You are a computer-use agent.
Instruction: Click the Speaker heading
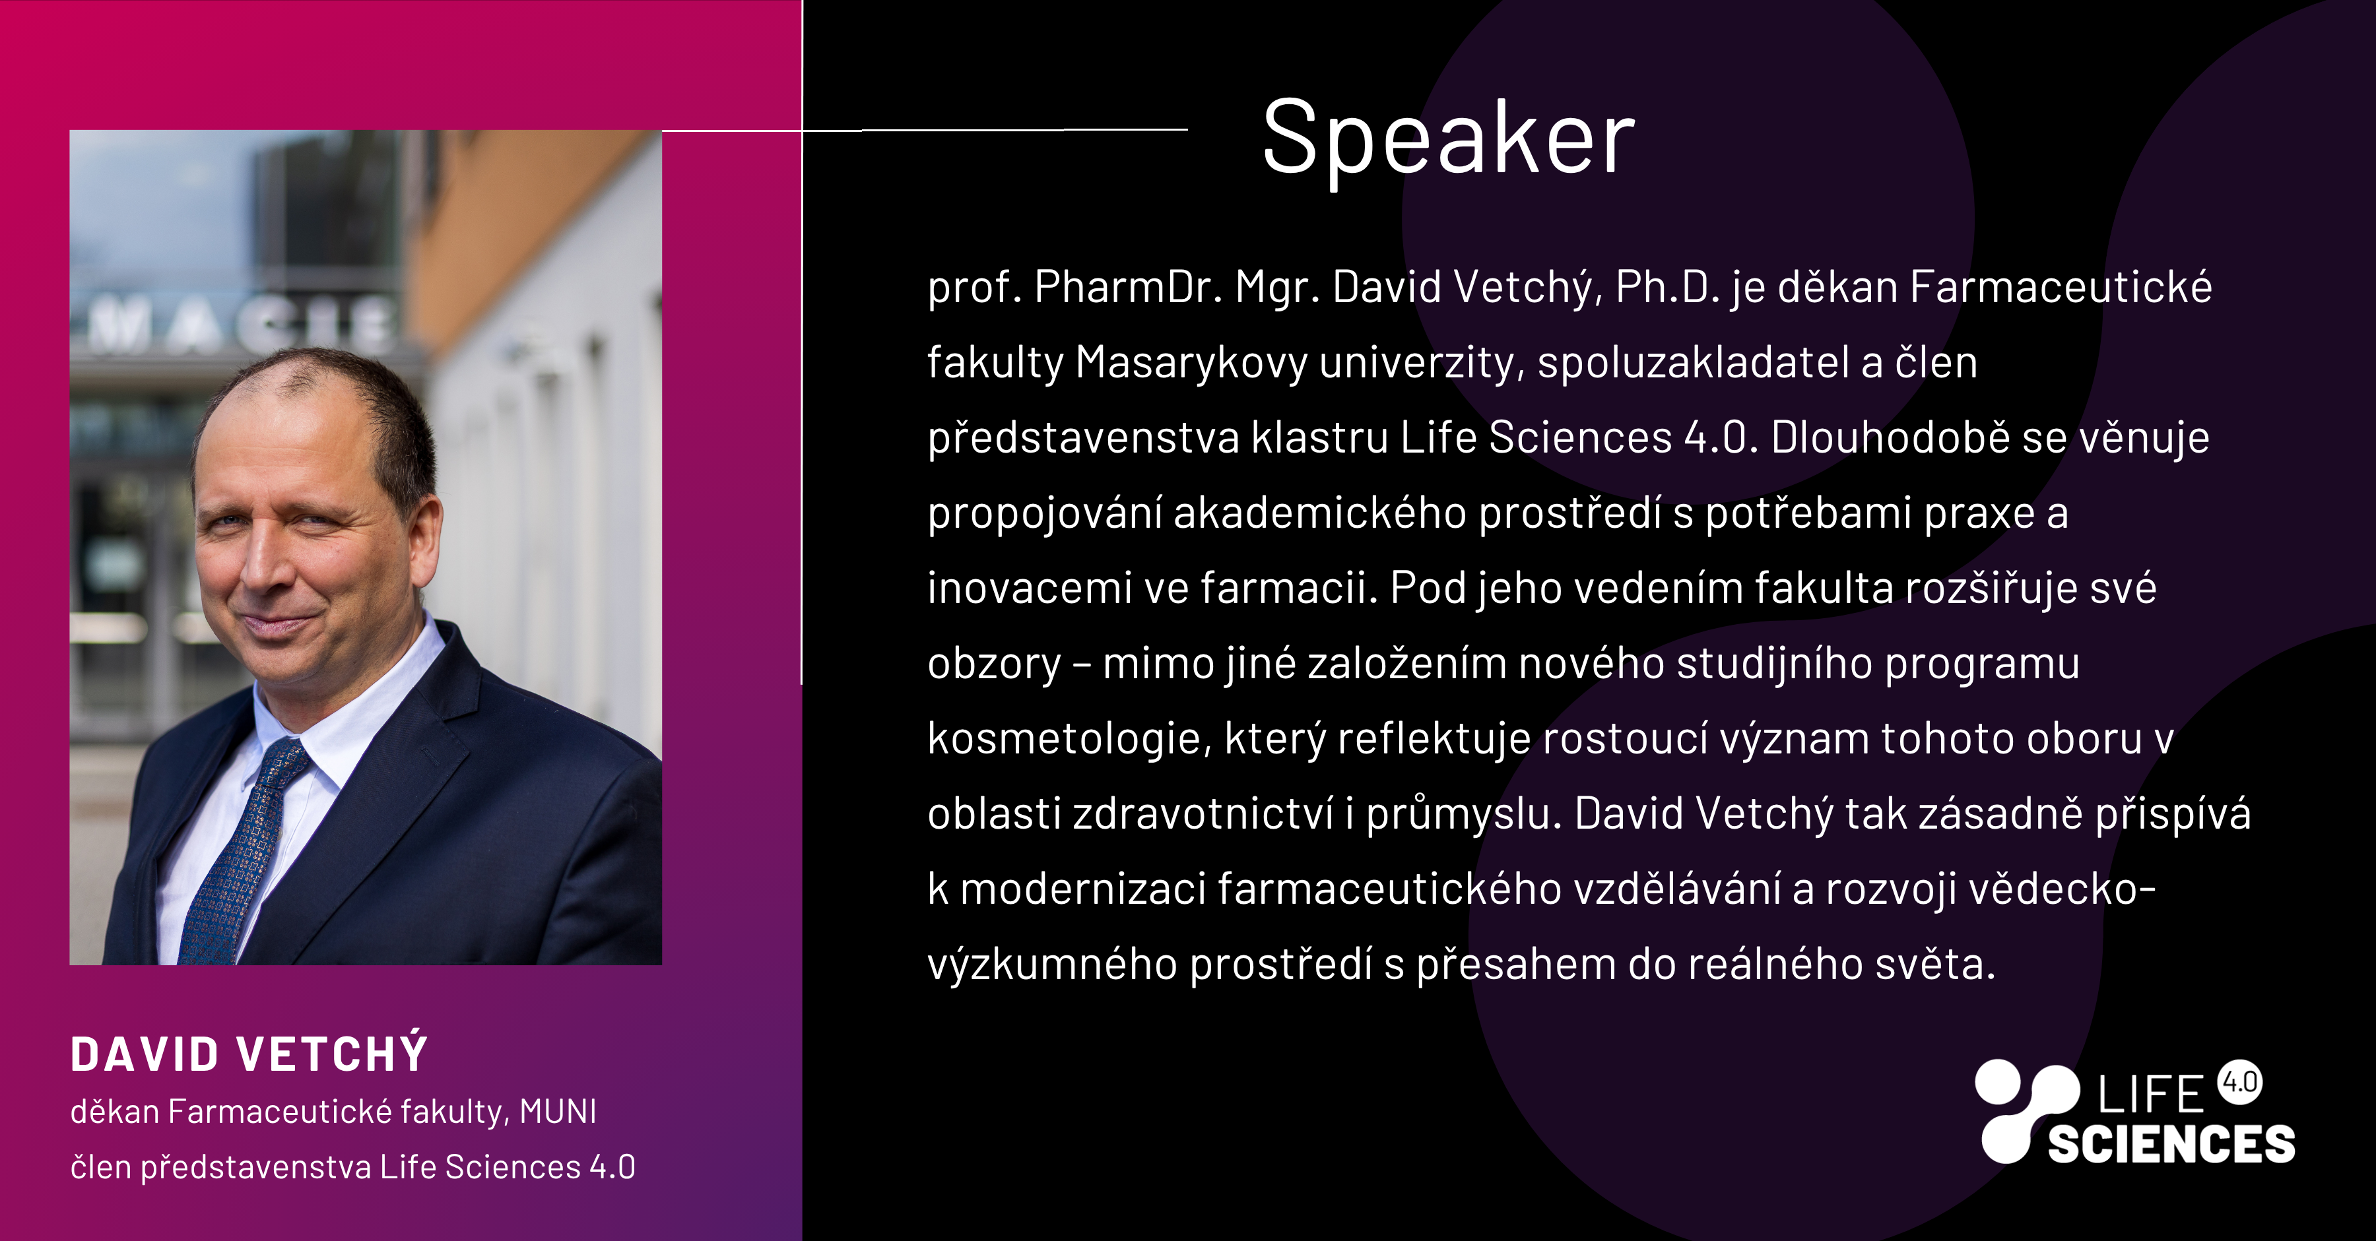coord(1448,140)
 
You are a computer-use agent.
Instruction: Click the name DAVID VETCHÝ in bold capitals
coord(249,1053)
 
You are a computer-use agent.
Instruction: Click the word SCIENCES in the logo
coord(2171,1144)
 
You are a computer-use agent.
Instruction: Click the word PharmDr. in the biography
coord(1128,288)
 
